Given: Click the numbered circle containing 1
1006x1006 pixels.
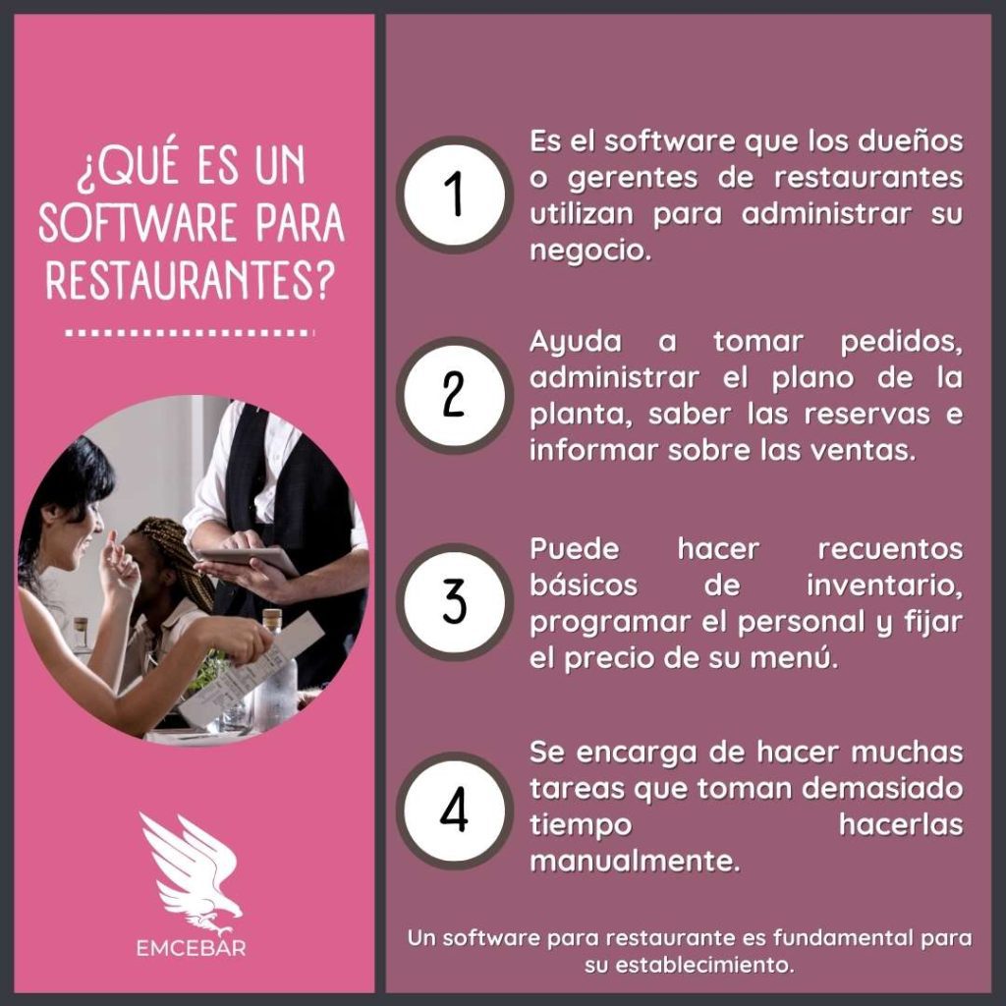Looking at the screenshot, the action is click(454, 195).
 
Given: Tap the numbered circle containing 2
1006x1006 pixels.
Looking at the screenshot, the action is click(454, 395).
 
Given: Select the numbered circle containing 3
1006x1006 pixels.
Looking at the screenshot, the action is click(454, 602).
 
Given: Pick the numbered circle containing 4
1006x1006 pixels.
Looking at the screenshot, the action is click(454, 810).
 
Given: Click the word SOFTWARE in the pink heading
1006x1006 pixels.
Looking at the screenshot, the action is click(139, 223).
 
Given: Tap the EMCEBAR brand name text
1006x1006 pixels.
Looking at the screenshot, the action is click(192, 948).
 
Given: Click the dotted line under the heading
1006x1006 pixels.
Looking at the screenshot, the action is click(190, 333).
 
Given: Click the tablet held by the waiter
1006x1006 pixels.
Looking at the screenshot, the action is click(248, 559).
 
